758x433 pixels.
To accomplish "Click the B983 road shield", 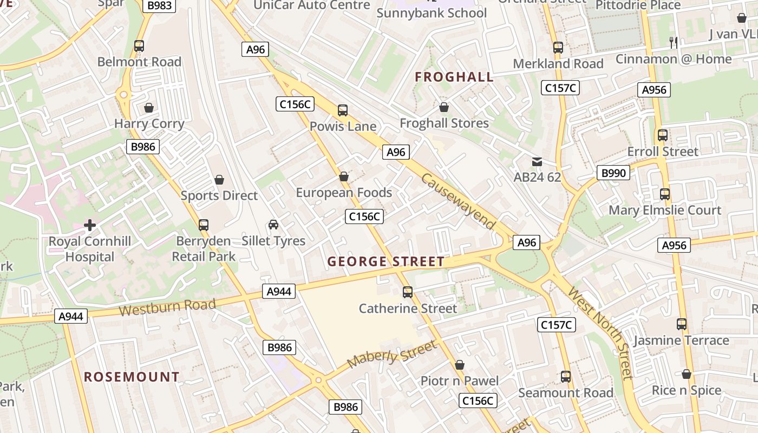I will tap(159, 5).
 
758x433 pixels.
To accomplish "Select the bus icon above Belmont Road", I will tap(139, 46).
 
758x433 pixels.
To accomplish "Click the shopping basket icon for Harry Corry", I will tap(149, 108).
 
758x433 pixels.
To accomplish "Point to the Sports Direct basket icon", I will tap(219, 179).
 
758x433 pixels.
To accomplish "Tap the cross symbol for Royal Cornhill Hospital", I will tap(90, 225).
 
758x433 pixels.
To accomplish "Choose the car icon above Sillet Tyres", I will tap(273, 225).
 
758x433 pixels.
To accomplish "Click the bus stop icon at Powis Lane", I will tap(343, 110).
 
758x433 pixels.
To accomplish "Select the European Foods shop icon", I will tap(344, 176).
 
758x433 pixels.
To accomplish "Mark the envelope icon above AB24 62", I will tap(537, 161).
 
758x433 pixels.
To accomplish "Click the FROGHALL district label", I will tap(454, 77).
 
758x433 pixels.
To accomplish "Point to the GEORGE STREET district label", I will tap(385, 262).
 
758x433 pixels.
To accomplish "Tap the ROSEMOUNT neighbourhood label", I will tap(132, 377).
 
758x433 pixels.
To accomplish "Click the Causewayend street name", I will tap(458, 201).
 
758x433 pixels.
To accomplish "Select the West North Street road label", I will tap(600, 333).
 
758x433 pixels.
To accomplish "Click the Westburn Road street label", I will tap(167, 307).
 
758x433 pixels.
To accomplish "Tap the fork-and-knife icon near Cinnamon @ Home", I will tap(674, 42).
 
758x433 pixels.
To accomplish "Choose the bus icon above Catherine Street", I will tap(408, 292).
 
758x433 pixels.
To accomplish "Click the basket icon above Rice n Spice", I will tap(687, 374).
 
